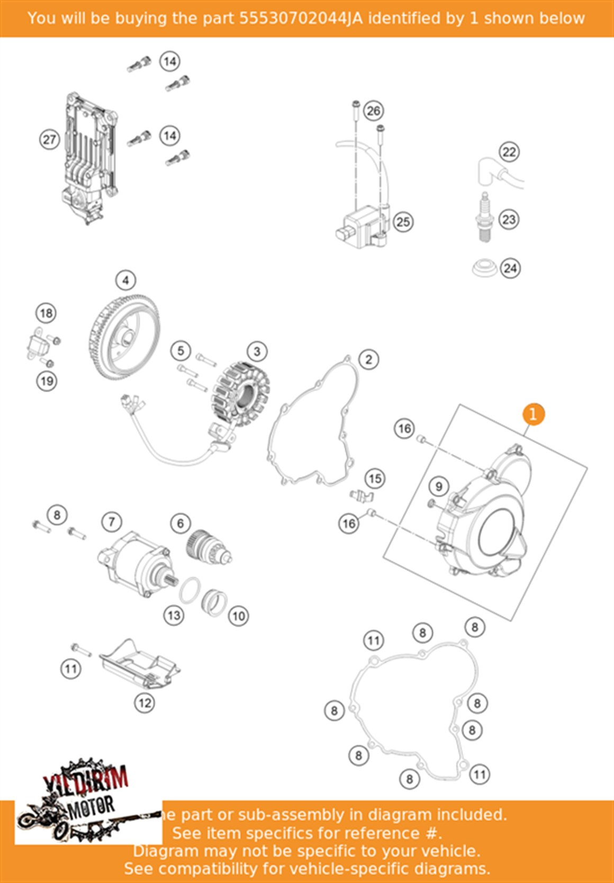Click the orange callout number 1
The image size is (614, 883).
(533, 414)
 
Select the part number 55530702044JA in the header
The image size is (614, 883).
(301, 19)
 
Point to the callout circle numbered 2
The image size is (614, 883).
(368, 359)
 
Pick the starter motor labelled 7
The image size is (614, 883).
(134, 563)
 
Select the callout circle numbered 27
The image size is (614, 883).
(49, 140)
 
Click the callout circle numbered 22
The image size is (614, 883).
(509, 152)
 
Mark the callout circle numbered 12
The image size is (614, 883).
(145, 703)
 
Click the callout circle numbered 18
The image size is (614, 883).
(46, 313)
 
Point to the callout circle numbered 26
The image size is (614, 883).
(373, 111)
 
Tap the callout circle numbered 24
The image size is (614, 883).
(510, 268)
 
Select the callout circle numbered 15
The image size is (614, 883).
(375, 479)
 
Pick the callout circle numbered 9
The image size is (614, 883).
(438, 486)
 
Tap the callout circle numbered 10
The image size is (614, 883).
(238, 616)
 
